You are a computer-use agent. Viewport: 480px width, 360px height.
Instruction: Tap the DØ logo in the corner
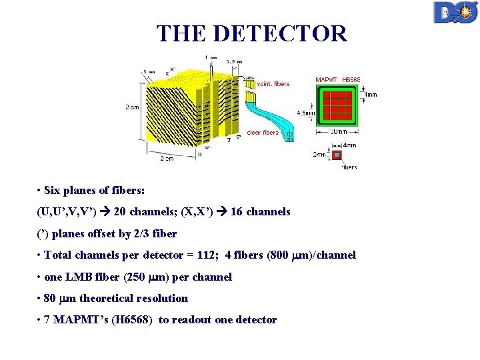(x=455, y=13)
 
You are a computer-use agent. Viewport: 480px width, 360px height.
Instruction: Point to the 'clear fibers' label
(x=263, y=132)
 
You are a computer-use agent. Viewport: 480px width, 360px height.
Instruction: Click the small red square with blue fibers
(x=337, y=155)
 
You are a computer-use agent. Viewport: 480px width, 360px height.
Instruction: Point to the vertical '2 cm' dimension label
(x=132, y=106)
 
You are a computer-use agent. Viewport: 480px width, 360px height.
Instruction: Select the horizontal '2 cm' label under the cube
(x=166, y=159)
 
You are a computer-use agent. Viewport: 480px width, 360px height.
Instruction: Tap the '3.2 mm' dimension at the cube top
(x=233, y=61)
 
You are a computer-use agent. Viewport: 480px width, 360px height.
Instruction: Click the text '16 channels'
(x=260, y=211)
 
